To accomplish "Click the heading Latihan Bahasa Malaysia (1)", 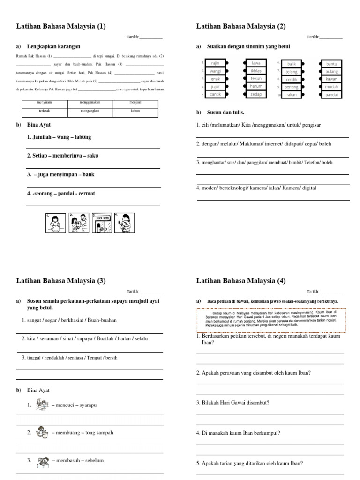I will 61,27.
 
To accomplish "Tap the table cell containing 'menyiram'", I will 45,102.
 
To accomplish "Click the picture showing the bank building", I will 102,223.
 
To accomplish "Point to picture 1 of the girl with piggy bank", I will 55,223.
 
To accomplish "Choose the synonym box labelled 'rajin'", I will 216,63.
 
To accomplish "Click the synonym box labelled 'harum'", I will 256,87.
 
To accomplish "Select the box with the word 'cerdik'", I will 292,79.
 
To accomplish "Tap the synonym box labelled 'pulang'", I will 331,71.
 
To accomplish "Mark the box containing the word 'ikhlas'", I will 256,71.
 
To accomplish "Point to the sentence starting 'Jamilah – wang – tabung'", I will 59,137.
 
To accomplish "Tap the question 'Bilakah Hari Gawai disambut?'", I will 232,403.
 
